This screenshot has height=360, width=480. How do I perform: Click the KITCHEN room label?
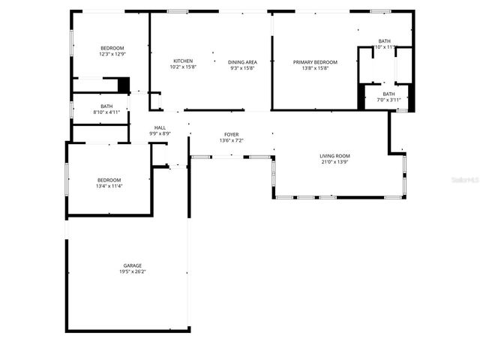click(183, 61)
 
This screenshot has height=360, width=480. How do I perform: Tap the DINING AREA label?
click(242, 61)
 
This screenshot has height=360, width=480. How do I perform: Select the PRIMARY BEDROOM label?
click(315, 61)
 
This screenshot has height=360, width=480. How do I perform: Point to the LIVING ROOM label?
click(335, 156)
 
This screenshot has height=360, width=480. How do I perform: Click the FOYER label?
click(231, 134)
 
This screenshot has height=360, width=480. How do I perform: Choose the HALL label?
click(160, 127)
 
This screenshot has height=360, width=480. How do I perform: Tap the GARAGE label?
click(133, 265)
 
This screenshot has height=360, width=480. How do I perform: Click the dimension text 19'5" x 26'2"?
click(133, 272)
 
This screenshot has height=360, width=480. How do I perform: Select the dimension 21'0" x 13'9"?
click(335, 162)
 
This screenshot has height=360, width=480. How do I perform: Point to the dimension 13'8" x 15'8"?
click(315, 68)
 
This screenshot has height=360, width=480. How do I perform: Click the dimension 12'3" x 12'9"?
click(112, 54)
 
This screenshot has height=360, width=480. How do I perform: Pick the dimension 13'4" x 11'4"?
click(109, 186)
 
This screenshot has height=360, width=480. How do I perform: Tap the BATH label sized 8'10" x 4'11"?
click(106, 106)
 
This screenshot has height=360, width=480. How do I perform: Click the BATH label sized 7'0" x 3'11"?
click(388, 94)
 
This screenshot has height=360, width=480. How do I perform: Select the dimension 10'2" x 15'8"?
click(183, 67)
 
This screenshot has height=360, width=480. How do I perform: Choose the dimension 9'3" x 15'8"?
click(242, 68)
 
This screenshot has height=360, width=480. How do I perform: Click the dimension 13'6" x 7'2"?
click(231, 141)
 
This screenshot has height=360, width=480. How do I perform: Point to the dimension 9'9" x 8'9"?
click(160, 134)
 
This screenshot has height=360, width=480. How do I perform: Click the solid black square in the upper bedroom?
click(124, 85)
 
